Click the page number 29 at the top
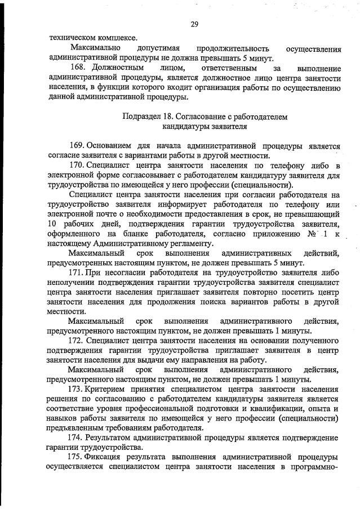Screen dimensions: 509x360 tap(194, 24)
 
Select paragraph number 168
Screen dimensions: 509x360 tap(77, 68)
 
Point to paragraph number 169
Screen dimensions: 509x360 tap(77, 146)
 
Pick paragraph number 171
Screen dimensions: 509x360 tap(77, 273)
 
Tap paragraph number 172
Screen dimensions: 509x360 tap(77, 341)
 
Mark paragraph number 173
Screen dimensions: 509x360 tap(77, 389)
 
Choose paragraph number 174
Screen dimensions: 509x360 tap(77, 437)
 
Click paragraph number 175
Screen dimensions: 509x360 tap(77, 457)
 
